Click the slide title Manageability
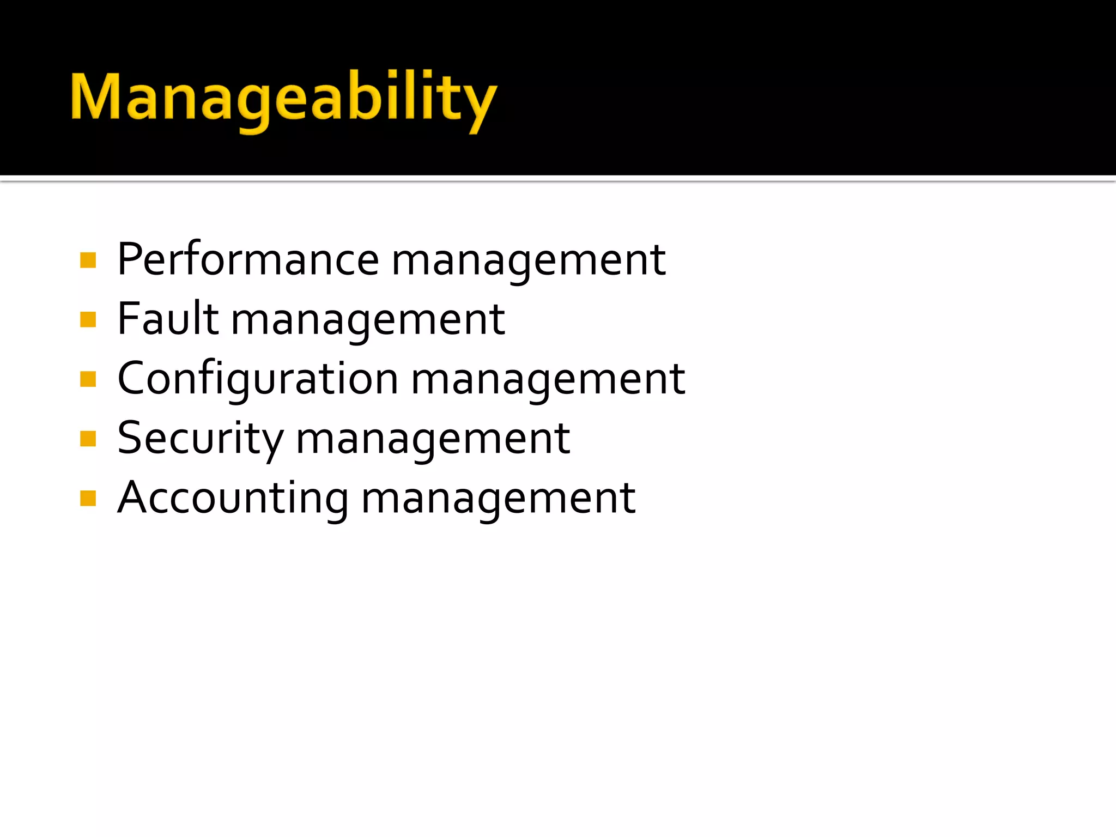pyautogui.click(x=283, y=98)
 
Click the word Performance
pyautogui.click(x=248, y=260)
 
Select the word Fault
pyautogui.click(x=168, y=319)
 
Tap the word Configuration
pyautogui.click(x=258, y=379)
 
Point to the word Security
pyautogui.click(x=201, y=439)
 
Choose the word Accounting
pyautogui.click(x=233, y=498)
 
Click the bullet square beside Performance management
pyautogui.click(x=88, y=260)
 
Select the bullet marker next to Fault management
pyautogui.click(x=88, y=319)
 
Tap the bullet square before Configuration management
pyautogui.click(x=88, y=379)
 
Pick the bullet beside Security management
pyautogui.click(x=88, y=438)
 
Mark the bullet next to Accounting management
pyautogui.click(x=88, y=498)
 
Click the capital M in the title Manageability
pyautogui.click(x=95, y=96)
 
